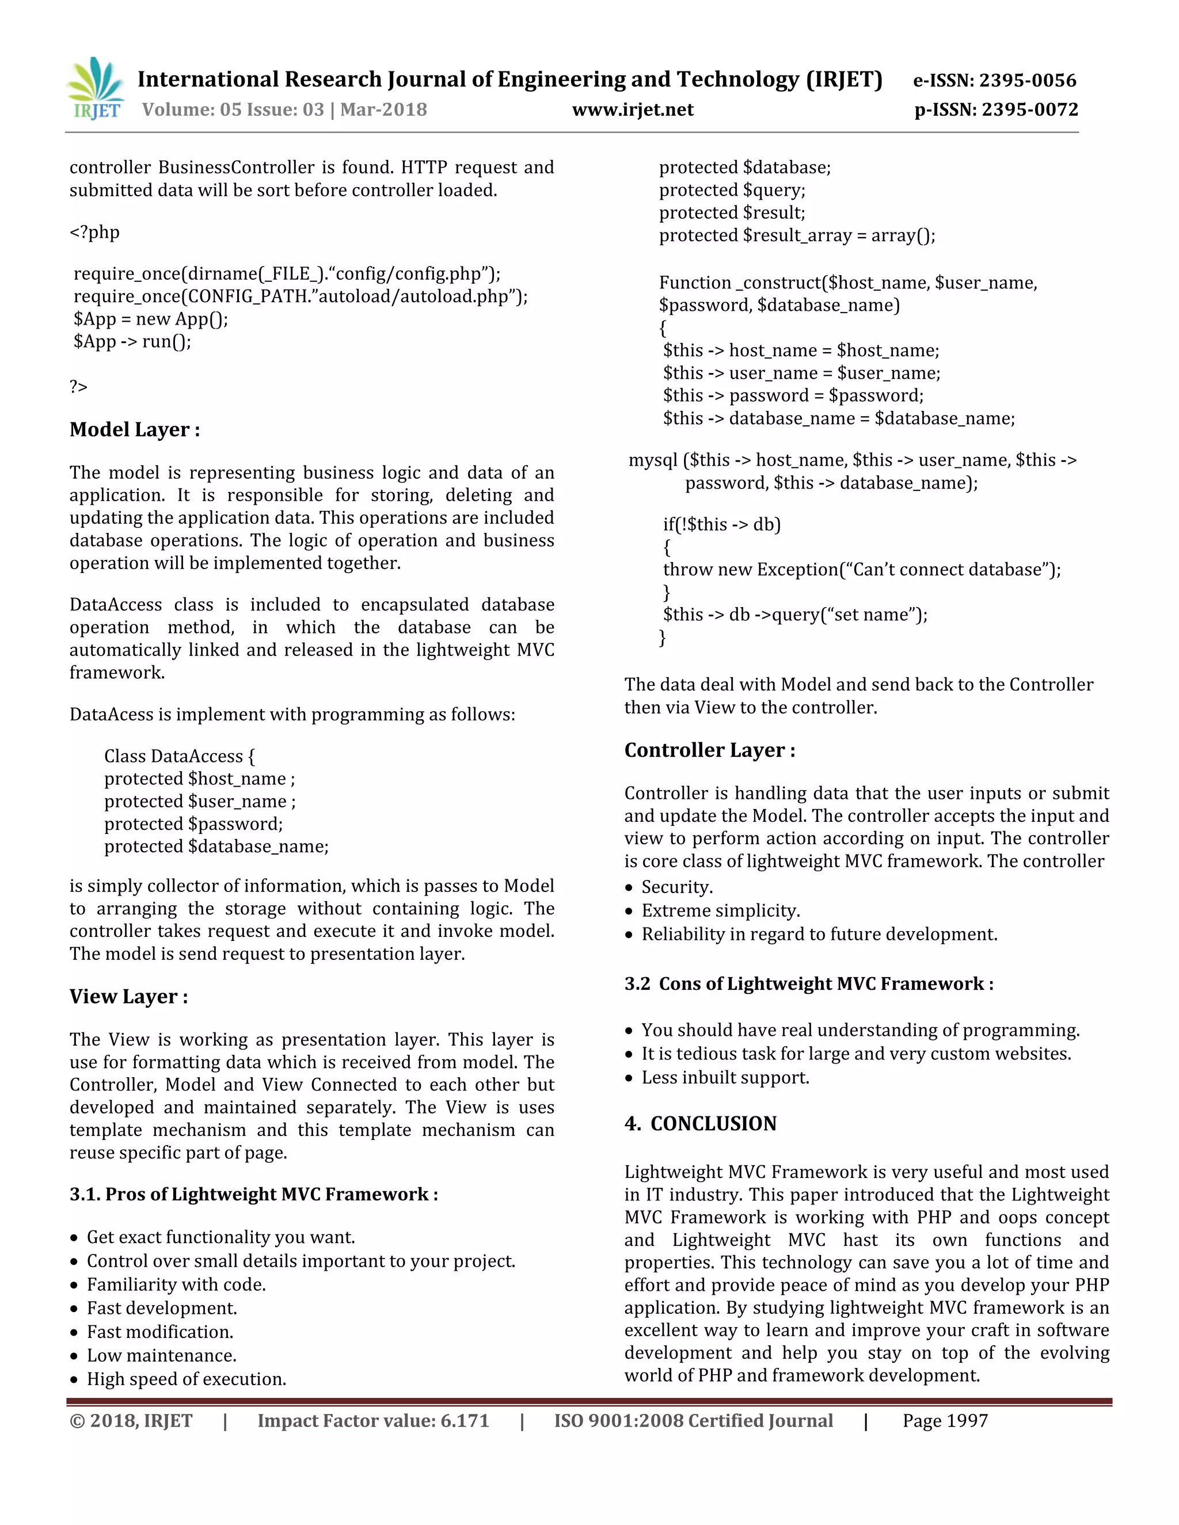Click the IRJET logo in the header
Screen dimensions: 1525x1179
tap(96, 89)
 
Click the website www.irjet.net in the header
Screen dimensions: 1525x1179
tap(632, 109)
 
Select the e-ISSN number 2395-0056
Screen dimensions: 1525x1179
tap(1028, 81)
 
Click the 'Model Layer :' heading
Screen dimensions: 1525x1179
tap(135, 429)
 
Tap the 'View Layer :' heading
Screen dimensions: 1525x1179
tap(128, 996)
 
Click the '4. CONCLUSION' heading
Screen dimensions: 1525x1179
tap(701, 1123)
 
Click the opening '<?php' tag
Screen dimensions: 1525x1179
tap(94, 232)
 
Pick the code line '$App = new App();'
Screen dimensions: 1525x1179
tap(151, 319)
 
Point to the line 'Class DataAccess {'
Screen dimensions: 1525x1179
tap(180, 756)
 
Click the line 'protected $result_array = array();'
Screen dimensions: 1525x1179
tap(796, 235)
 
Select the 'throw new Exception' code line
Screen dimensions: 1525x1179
tap(861, 570)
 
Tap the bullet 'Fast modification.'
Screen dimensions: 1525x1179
tap(160, 1332)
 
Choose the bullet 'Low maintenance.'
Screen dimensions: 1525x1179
tap(161, 1355)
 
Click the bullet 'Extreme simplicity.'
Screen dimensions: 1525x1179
tap(720, 910)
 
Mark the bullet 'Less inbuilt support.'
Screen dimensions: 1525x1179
tap(725, 1077)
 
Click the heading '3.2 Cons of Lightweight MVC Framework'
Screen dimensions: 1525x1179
tap(809, 984)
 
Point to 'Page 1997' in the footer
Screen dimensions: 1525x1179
tap(945, 1421)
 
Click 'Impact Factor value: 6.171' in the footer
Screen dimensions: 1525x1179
tap(373, 1421)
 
